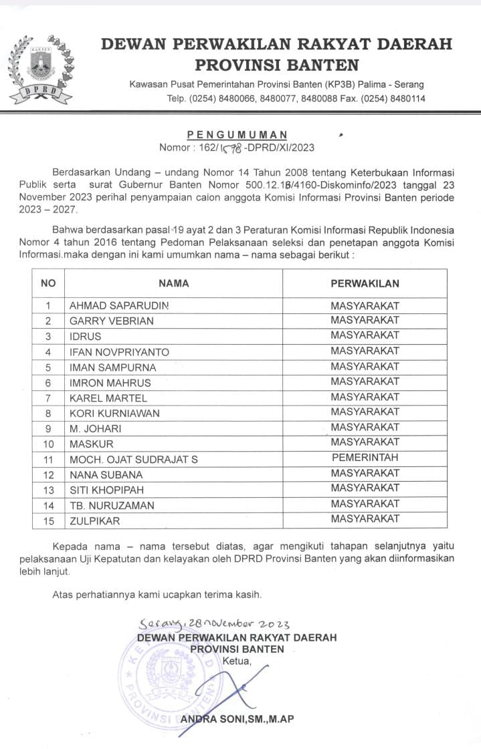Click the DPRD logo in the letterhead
(42, 69)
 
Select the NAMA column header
(173, 283)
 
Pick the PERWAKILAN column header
(365, 283)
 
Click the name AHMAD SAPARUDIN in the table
(119, 305)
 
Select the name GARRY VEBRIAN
(112, 321)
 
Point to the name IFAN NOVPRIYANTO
(120, 351)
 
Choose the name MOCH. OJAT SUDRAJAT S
(134, 459)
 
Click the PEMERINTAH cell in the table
(365, 458)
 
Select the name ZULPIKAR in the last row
(95, 520)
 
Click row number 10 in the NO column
(48, 444)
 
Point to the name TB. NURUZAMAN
(112, 505)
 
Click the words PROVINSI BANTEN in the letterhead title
(276, 65)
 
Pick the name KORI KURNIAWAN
(115, 413)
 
